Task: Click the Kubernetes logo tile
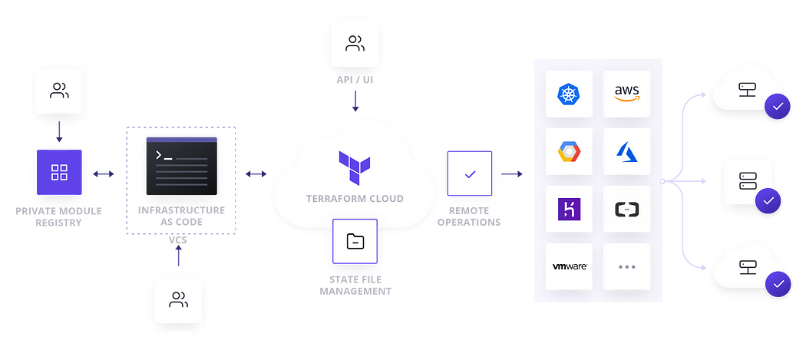point(569,94)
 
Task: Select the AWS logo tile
point(626,94)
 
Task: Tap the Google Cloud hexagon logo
point(569,152)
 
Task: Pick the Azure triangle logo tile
point(626,152)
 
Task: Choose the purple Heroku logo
point(569,210)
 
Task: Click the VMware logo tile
point(569,267)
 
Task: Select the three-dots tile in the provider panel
point(626,267)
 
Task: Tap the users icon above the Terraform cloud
point(355,44)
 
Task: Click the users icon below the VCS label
point(179,299)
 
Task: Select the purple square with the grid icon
point(59,173)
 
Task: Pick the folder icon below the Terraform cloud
point(355,242)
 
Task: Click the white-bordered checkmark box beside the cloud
point(470,173)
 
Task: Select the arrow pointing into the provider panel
point(511,173)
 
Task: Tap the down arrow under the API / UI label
point(355,102)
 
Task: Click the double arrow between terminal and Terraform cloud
point(256,173)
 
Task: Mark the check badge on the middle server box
point(768,202)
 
